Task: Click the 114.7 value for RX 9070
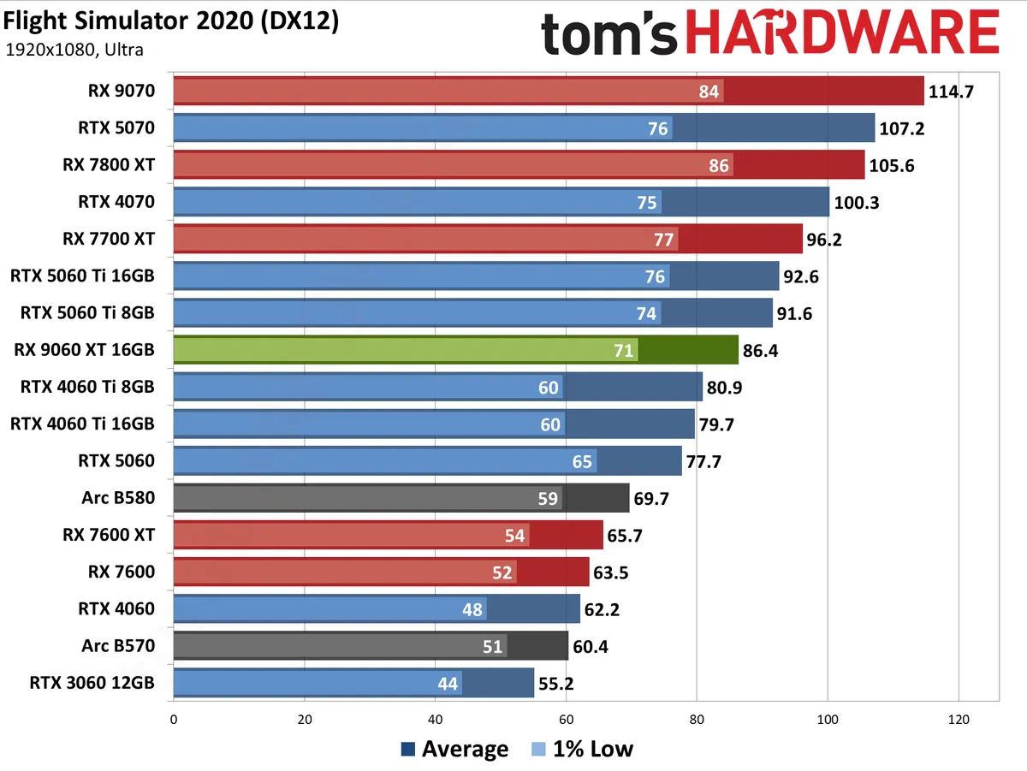click(x=953, y=92)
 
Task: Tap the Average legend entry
click(x=454, y=750)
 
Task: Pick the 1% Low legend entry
click(x=582, y=750)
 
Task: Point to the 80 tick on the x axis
click(x=697, y=720)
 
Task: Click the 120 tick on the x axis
click(x=959, y=720)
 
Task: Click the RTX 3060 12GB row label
click(x=92, y=683)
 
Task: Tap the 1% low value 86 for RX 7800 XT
click(x=720, y=165)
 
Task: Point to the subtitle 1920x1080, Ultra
click(x=74, y=50)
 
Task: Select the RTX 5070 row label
click(x=115, y=128)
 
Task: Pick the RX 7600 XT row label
click(x=109, y=535)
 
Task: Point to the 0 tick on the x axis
click(x=174, y=720)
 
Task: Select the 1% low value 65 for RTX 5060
click(x=582, y=461)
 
